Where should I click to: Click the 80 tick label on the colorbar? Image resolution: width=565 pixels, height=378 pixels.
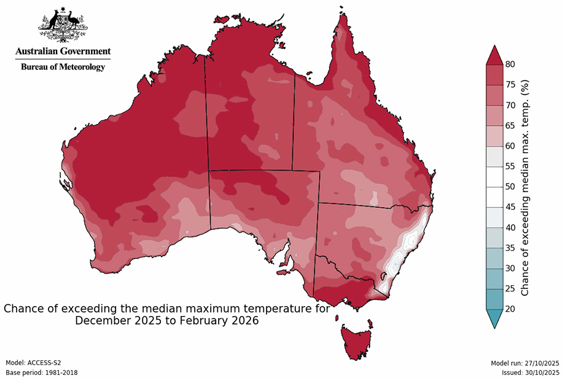coord(510,64)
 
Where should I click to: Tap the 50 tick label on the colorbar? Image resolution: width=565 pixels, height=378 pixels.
coord(510,186)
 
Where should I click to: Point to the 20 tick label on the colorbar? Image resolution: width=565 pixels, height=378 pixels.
coord(510,309)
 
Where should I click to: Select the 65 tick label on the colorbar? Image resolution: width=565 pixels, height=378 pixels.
coord(510,125)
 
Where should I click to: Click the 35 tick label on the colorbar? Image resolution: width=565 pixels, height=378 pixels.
coord(510,247)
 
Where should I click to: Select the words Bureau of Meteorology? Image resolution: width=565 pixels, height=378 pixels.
coord(63,67)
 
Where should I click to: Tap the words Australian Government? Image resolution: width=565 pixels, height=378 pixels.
coord(63,52)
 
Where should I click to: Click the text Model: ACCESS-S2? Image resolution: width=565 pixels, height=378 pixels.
coord(33,363)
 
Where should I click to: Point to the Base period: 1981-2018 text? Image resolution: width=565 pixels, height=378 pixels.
coord(41,372)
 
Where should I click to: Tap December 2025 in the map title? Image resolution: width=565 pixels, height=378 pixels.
coord(117,320)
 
